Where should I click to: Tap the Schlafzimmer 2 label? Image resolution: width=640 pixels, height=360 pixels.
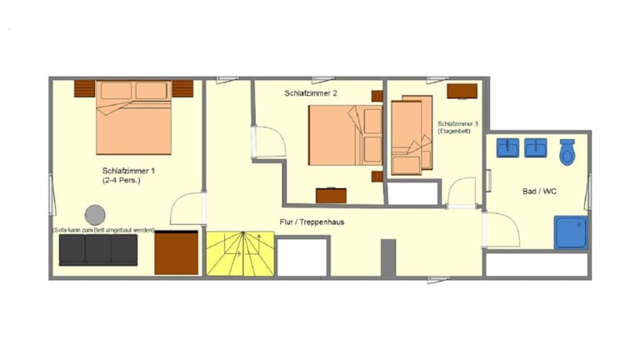tap(311, 93)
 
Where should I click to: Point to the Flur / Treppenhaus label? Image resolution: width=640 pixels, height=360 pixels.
tap(312, 222)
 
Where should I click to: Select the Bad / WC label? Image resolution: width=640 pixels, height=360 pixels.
tap(539, 191)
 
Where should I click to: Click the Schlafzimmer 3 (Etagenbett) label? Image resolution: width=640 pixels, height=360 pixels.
tap(457, 127)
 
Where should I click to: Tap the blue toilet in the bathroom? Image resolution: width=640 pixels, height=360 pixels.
tap(567, 152)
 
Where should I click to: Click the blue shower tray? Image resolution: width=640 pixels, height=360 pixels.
tap(571, 232)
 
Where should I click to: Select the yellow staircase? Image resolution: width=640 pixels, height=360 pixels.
tap(240, 254)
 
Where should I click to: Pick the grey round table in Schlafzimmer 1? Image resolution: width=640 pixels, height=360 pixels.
tap(95, 215)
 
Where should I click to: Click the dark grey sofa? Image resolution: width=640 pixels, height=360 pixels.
tap(98, 250)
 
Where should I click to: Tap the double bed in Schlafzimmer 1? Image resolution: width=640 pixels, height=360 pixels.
tap(133, 117)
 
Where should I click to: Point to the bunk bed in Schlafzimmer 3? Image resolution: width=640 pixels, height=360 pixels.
tap(412, 135)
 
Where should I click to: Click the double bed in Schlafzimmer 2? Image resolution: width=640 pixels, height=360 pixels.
tap(346, 136)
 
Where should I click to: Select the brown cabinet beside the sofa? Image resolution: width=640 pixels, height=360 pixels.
tap(177, 252)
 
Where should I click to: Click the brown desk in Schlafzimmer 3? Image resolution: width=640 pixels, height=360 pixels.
tap(462, 91)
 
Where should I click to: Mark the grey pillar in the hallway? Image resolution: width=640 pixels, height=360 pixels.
tap(388, 257)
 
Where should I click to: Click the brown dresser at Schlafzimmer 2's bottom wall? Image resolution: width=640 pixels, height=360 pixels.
tap(331, 196)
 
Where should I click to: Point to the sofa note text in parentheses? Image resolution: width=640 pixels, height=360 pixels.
tap(103, 230)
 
